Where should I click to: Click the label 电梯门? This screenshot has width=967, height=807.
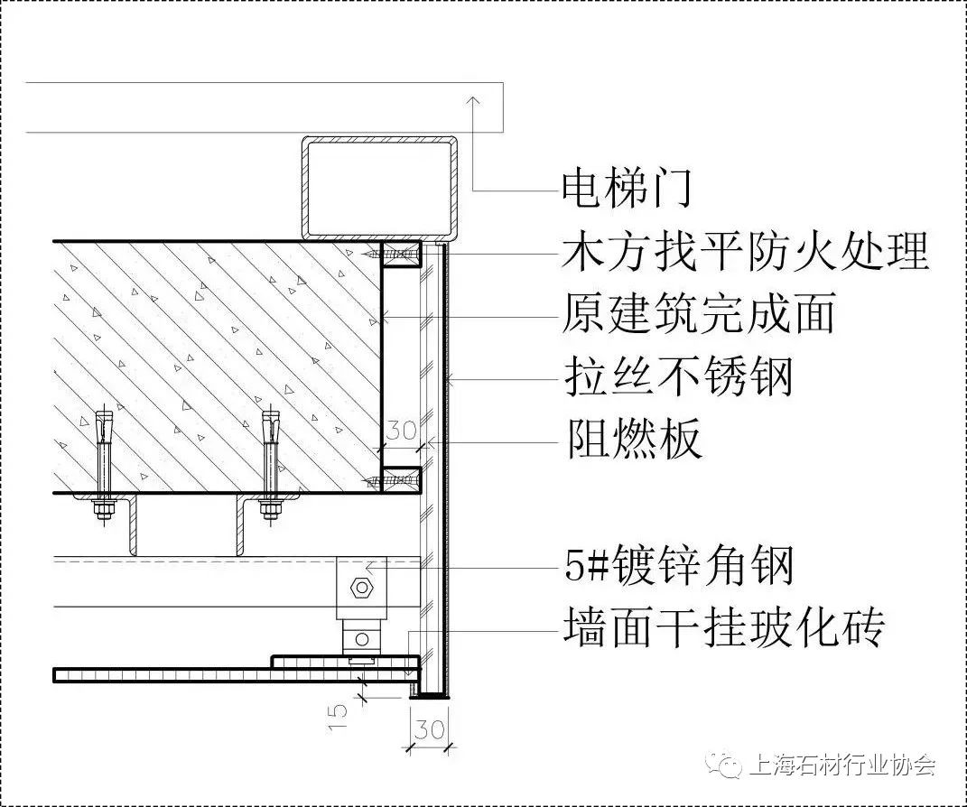tap(627, 188)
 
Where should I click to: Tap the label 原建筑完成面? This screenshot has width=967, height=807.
tap(699, 313)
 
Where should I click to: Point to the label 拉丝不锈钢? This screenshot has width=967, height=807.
tap(678, 376)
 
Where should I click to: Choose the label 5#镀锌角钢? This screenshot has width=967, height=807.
tap(678, 566)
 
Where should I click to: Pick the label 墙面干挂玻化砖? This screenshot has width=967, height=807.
tap(724, 627)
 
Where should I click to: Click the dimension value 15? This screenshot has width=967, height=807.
tap(337, 718)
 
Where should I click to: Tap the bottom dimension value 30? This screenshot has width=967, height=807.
tap(429, 730)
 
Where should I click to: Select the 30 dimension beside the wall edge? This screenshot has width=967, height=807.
tap(402, 431)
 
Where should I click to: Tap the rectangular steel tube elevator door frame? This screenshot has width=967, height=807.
tap(380, 188)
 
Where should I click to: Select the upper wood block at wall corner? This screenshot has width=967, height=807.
tap(401, 254)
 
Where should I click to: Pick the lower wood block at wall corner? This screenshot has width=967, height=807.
tap(401, 479)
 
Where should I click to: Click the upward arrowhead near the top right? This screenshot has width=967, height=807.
tap(473, 102)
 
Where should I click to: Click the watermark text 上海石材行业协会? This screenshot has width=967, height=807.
tap(842, 765)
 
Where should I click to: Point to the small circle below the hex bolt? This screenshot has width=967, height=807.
tap(362, 639)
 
